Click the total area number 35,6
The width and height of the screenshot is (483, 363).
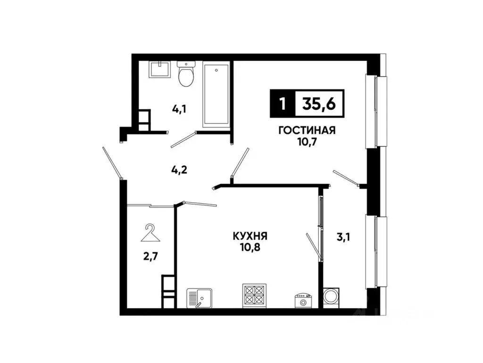click(319, 104)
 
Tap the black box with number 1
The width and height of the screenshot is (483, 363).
click(282, 104)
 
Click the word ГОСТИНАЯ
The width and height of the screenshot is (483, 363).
click(307, 131)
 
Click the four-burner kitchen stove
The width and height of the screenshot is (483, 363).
click(254, 295)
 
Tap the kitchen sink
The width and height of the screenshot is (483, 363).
click(200, 298)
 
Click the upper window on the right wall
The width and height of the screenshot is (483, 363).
click(376, 112)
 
